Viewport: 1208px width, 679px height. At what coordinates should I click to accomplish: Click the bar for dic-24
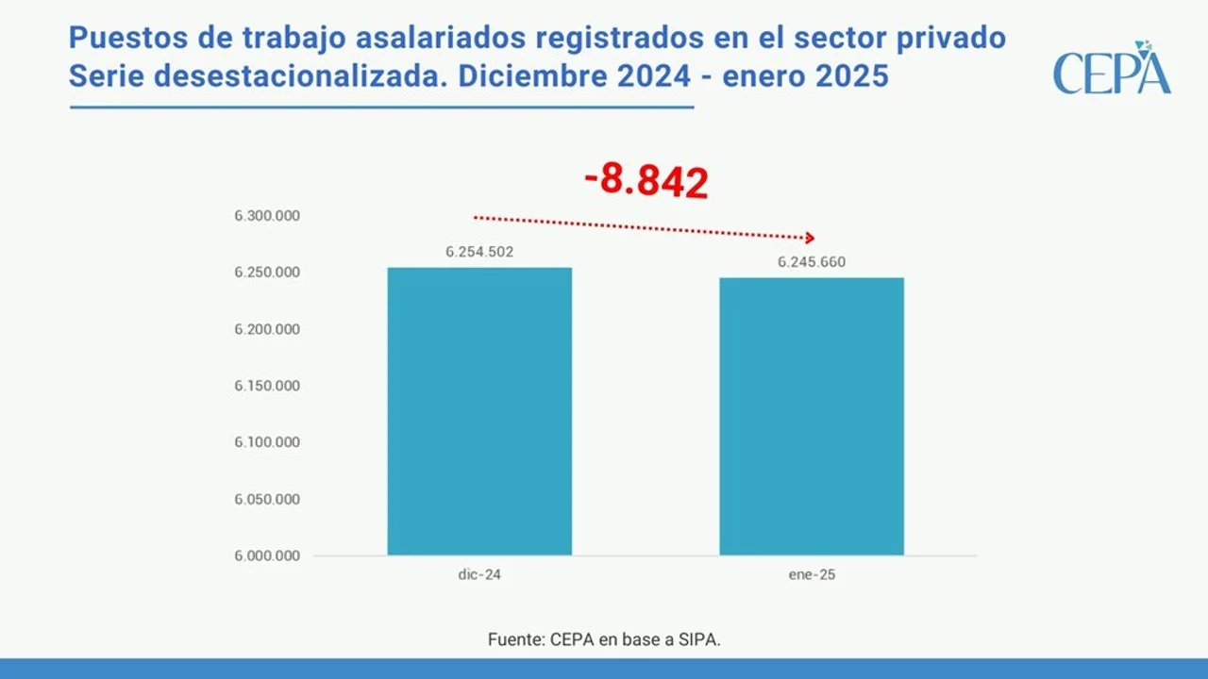479,411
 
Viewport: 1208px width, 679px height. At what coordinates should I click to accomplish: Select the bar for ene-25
812,416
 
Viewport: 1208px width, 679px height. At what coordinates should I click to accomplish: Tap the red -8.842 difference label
646,180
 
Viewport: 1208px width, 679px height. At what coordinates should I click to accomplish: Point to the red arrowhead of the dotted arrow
809,238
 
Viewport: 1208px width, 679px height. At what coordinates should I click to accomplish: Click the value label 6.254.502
479,252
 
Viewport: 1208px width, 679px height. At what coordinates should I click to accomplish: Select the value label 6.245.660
812,262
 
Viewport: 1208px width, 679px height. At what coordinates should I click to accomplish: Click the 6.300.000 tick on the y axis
267,216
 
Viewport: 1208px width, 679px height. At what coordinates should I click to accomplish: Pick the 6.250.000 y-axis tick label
267,273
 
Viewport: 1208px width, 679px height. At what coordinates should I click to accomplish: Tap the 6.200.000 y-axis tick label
267,329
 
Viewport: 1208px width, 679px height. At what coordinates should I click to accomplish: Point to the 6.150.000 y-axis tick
267,386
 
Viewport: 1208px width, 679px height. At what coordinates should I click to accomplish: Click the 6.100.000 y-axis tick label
267,442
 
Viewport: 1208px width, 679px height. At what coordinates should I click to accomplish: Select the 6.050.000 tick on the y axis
267,499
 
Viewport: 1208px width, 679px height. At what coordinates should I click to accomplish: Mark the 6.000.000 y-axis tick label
267,555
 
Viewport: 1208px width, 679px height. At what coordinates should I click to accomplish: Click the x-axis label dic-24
479,574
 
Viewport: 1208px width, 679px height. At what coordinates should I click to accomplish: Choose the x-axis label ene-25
812,574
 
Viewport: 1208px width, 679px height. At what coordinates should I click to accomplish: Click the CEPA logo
1112,70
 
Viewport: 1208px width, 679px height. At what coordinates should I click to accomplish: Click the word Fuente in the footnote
516,639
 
